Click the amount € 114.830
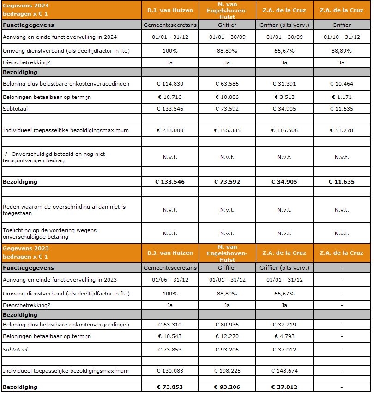click(170, 84)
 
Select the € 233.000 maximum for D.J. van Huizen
click(170, 130)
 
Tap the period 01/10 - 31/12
click(342, 37)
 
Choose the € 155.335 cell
click(227, 130)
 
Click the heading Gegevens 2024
click(26, 6)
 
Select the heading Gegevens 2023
click(26, 248)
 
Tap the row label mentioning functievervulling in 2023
click(60, 280)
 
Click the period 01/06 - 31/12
click(170, 280)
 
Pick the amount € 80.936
click(227, 325)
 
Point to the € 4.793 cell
click(284, 336)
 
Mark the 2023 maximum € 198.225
click(227, 371)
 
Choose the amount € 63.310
click(170, 325)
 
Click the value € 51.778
click(342, 130)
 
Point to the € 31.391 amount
click(284, 84)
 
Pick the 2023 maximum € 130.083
click(170, 371)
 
